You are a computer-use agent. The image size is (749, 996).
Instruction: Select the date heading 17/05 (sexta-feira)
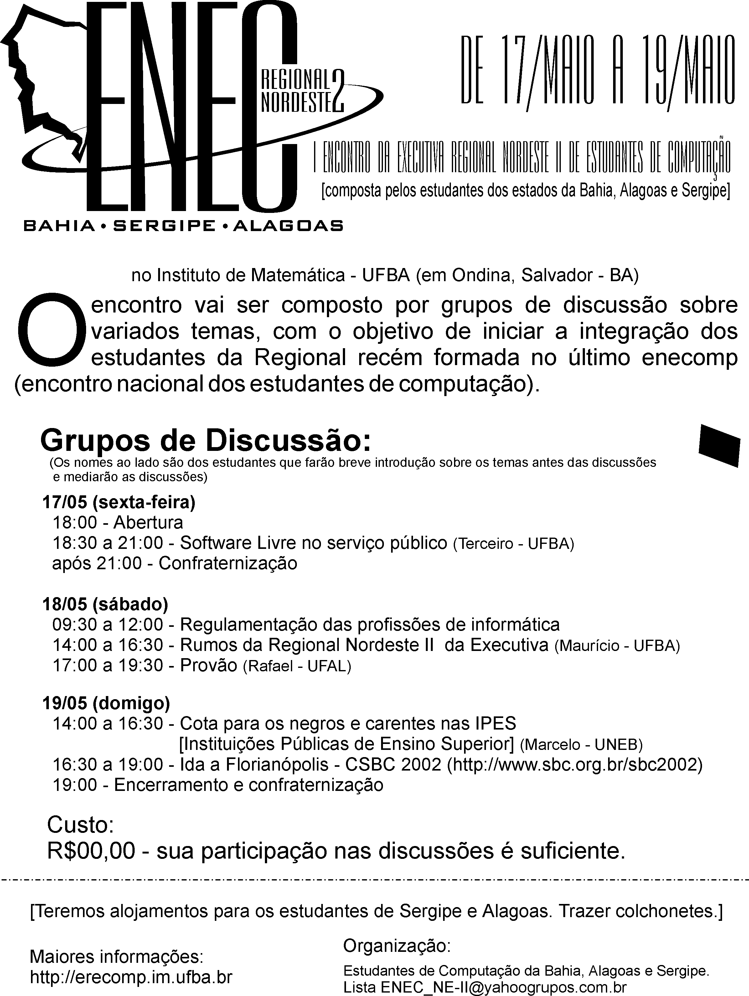pos(119,502)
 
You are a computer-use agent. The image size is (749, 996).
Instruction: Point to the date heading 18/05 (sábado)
pos(105,604)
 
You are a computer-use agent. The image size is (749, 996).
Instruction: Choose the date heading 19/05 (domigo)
pos(106,703)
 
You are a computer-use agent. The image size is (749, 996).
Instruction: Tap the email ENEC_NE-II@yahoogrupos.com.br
pos(504,988)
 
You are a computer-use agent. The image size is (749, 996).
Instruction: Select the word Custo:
pos(80,825)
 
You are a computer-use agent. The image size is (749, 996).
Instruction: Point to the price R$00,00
pos(91,851)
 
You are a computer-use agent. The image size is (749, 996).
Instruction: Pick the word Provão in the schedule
pos(209,665)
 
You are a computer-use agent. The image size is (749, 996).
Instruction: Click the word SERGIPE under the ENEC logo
pos(164,225)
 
